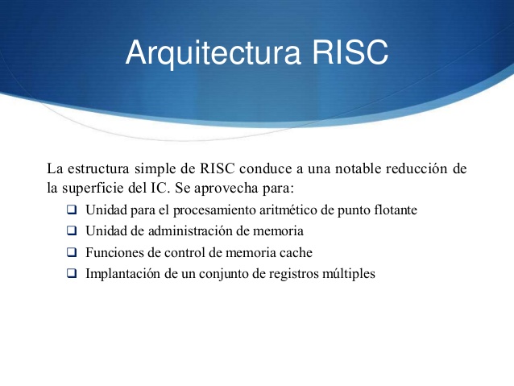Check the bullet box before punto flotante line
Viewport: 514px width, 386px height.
click(72, 211)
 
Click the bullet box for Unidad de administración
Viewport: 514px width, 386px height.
click(72, 232)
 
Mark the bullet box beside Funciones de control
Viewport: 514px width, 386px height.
click(72, 253)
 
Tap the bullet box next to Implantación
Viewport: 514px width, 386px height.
click(72, 274)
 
